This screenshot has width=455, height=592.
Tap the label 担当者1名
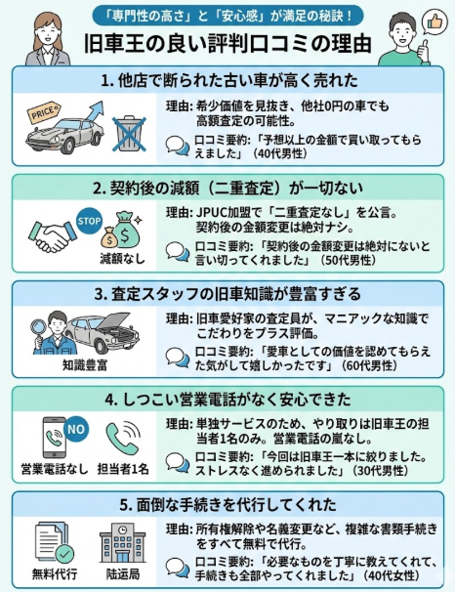pos(125,469)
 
